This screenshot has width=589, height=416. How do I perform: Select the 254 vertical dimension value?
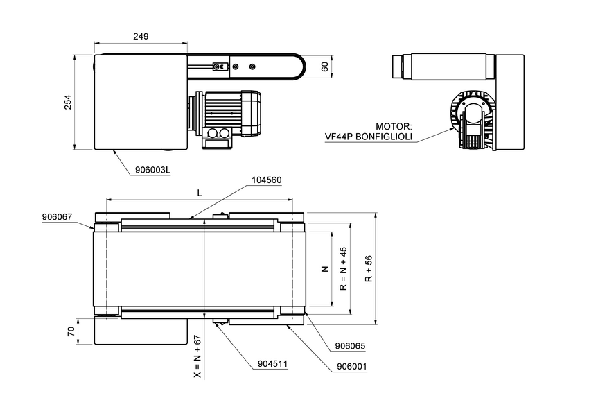point(68,102)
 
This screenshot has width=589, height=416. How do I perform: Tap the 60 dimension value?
point(324,67)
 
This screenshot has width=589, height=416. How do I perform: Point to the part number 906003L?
point(152,169)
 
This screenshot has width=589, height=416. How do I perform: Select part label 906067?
point(57,217)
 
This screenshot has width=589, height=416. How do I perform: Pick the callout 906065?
point(350,345)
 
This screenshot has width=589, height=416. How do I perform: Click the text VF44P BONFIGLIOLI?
point(368,137)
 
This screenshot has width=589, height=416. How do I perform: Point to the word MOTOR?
point(394,127)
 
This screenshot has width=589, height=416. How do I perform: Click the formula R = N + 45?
point(342,267)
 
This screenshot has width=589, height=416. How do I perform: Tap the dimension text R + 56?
point(369,268)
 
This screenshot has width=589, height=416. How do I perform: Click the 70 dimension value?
point(71,331)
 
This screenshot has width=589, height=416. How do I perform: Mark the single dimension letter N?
point(324,268)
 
